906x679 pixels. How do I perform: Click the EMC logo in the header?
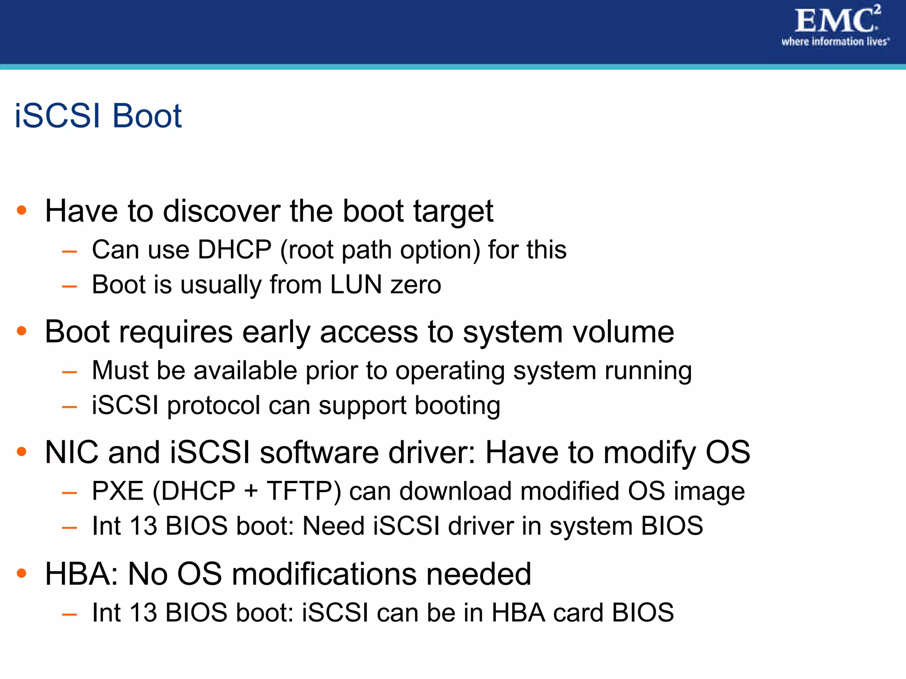(x=836, y=20)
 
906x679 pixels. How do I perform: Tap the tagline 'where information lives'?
(x=835, y=42)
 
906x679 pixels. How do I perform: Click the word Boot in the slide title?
(x=146, y=116)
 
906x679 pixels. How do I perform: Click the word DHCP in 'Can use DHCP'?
(x=234, y=250)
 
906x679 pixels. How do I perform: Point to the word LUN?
(x=356, y=284)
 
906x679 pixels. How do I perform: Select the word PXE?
(x=118, y=491)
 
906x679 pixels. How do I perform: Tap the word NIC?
(x=72, y=453)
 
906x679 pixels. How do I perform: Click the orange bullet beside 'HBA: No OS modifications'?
(x=21, y=573)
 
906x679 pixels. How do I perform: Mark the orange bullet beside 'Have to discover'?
(x=21, y=210)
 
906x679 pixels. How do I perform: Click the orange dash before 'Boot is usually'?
(x=69, y=287)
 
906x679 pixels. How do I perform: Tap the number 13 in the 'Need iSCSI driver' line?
(x=143, y=526)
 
